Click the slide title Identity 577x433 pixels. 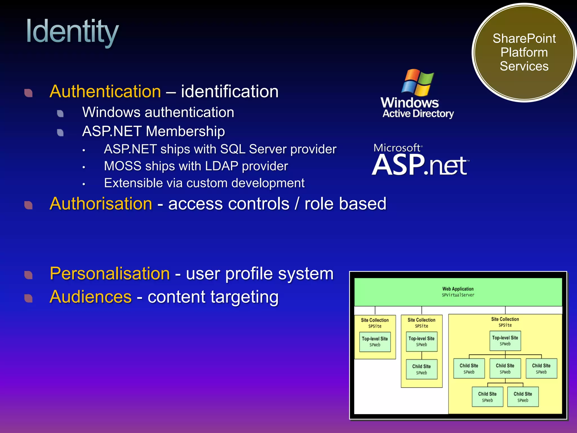click(72, 32)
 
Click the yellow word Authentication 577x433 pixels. click(105, 92)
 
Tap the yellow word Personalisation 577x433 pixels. click(110, 273)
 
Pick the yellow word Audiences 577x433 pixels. click(90, 297)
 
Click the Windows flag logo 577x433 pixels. click(417, 82)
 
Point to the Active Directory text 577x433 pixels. click(418, 114)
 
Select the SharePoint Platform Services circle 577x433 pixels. click(524, 52)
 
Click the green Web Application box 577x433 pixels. click(458, 292)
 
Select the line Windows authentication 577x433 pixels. click(158, 112)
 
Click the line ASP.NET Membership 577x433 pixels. click(153, 131)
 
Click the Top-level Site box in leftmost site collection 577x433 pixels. click(375, 341)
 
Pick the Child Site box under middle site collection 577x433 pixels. click(421, 369)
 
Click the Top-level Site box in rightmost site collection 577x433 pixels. click(505, 341)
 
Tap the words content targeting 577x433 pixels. click(213, 297)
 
